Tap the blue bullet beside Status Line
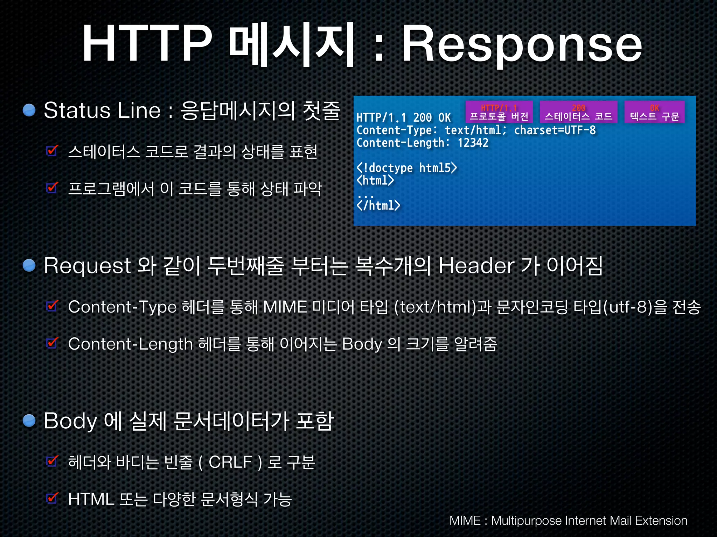coord(29,110)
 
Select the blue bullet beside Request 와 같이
coord(29,265)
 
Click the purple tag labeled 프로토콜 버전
coord(499,112)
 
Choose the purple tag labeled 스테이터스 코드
coord(578,112)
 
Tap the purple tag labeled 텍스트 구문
coord(654,112)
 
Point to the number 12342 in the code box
coord(473,143)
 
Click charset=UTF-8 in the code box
coord(555,130)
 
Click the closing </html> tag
coord(378,205)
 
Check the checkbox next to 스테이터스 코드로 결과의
coord(52,151)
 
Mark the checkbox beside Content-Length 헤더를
coord(52,343)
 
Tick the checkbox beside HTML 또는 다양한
coord(52,498)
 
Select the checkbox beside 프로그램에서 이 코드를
coord(52,188)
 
